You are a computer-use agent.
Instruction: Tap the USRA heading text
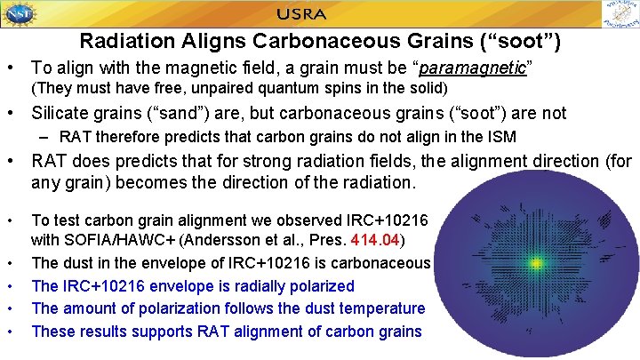[x=301, y=14]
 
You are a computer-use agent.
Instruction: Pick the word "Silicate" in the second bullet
[x=60, y=113]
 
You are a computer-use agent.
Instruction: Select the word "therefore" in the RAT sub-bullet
[x=129, y=137]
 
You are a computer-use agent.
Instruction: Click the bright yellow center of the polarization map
[x=536, y=262]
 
